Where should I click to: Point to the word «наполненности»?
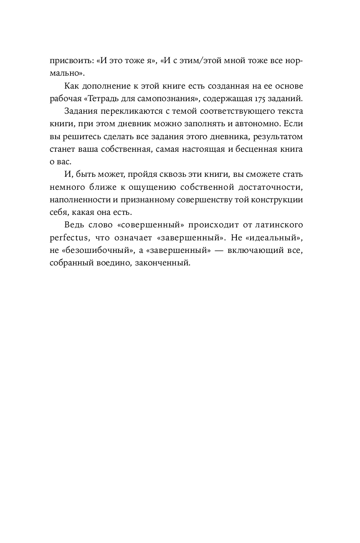(x=80, y=200)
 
